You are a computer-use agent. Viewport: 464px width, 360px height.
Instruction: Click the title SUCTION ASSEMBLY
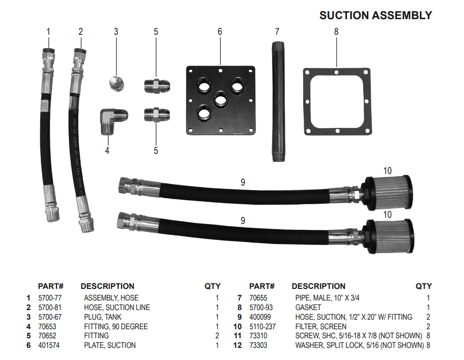[x=375, y=16]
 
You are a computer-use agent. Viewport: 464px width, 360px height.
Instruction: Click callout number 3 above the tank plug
[x=116, y=32]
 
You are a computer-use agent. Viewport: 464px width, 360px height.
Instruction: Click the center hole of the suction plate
[x=220, y=99]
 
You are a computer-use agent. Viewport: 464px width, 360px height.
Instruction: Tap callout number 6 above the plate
[x=220, y=32]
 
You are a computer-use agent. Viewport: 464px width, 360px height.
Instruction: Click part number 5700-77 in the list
[x=50, y=298]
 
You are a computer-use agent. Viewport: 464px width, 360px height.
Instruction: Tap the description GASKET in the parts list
[x=308, y=308]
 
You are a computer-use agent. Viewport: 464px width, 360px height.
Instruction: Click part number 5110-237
[x=263, y=327]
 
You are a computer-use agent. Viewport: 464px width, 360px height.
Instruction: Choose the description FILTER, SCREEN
[x=320, y=327]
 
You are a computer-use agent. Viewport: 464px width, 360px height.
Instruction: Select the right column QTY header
[x=423, y=286]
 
